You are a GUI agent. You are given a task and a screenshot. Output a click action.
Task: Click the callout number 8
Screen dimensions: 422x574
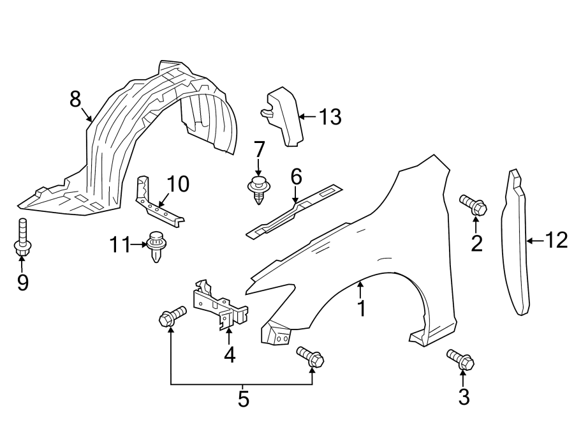(75, 99)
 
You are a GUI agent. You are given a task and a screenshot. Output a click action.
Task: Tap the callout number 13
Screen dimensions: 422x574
(330, 117)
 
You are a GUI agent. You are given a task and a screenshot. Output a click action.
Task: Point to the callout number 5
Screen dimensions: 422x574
(243, 400)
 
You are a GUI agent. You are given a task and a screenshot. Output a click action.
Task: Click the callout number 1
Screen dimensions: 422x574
(362, 308)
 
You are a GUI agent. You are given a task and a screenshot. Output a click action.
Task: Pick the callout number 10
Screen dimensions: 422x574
(178, 185)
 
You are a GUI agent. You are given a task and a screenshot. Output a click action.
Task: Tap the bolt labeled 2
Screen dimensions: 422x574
(474, 205)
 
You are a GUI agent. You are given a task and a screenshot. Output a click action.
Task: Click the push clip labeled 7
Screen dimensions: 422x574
(258, 190)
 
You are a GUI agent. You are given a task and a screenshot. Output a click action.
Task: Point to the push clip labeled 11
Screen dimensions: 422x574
(156, 246)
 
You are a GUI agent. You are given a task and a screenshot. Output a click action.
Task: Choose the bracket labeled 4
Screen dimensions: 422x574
(220, 306)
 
